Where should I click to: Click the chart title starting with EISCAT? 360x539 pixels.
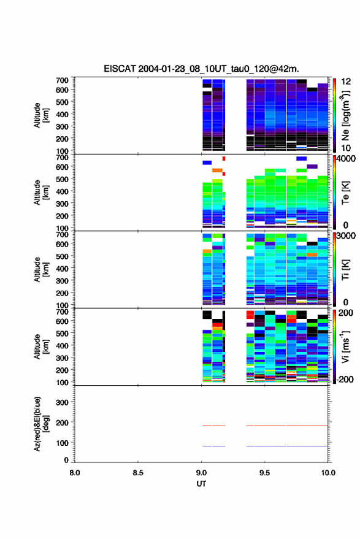pyautogui.click(x=201, y=69)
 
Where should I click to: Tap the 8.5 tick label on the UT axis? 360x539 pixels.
pyautogui.click(x=138, y=473)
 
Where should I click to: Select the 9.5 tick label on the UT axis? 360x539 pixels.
pyautogui.click(x=264, y=473)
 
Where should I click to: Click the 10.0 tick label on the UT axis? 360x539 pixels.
pyautogui.click(x=328, y=473)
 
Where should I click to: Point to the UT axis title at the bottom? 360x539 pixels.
pyautogui.click(x=201, y=484)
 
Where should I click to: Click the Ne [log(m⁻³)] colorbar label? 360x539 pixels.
pyautogui.click(x=345, y=115)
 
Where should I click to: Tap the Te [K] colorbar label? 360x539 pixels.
pyautogui.click(x=345, y=193)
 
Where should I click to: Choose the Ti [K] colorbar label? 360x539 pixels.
pyautogui.click(x=345, y=270)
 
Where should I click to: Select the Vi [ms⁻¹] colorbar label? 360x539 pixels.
pyautogui.click(x=345, y=346)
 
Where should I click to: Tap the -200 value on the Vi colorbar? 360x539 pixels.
pyautogui.click(x=345, y=380)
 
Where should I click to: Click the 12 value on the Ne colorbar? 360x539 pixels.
pyautogui.click(x=346, y=82)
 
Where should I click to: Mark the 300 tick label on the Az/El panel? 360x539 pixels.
pyautogui.click(x=62, y=402)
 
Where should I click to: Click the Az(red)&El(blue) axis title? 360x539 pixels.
pyautogui.click(x=41, y=424)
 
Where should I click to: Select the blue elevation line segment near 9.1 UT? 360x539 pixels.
pyautogui.click(x=214, y=446)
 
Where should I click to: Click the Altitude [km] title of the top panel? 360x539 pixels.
pyautogui.click(x=41, y=115)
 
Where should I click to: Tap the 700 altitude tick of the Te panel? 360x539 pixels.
pyautogui.click(x=62, y=158)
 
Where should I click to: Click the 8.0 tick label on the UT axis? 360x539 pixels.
pyautogui.click(x=75, y=473)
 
